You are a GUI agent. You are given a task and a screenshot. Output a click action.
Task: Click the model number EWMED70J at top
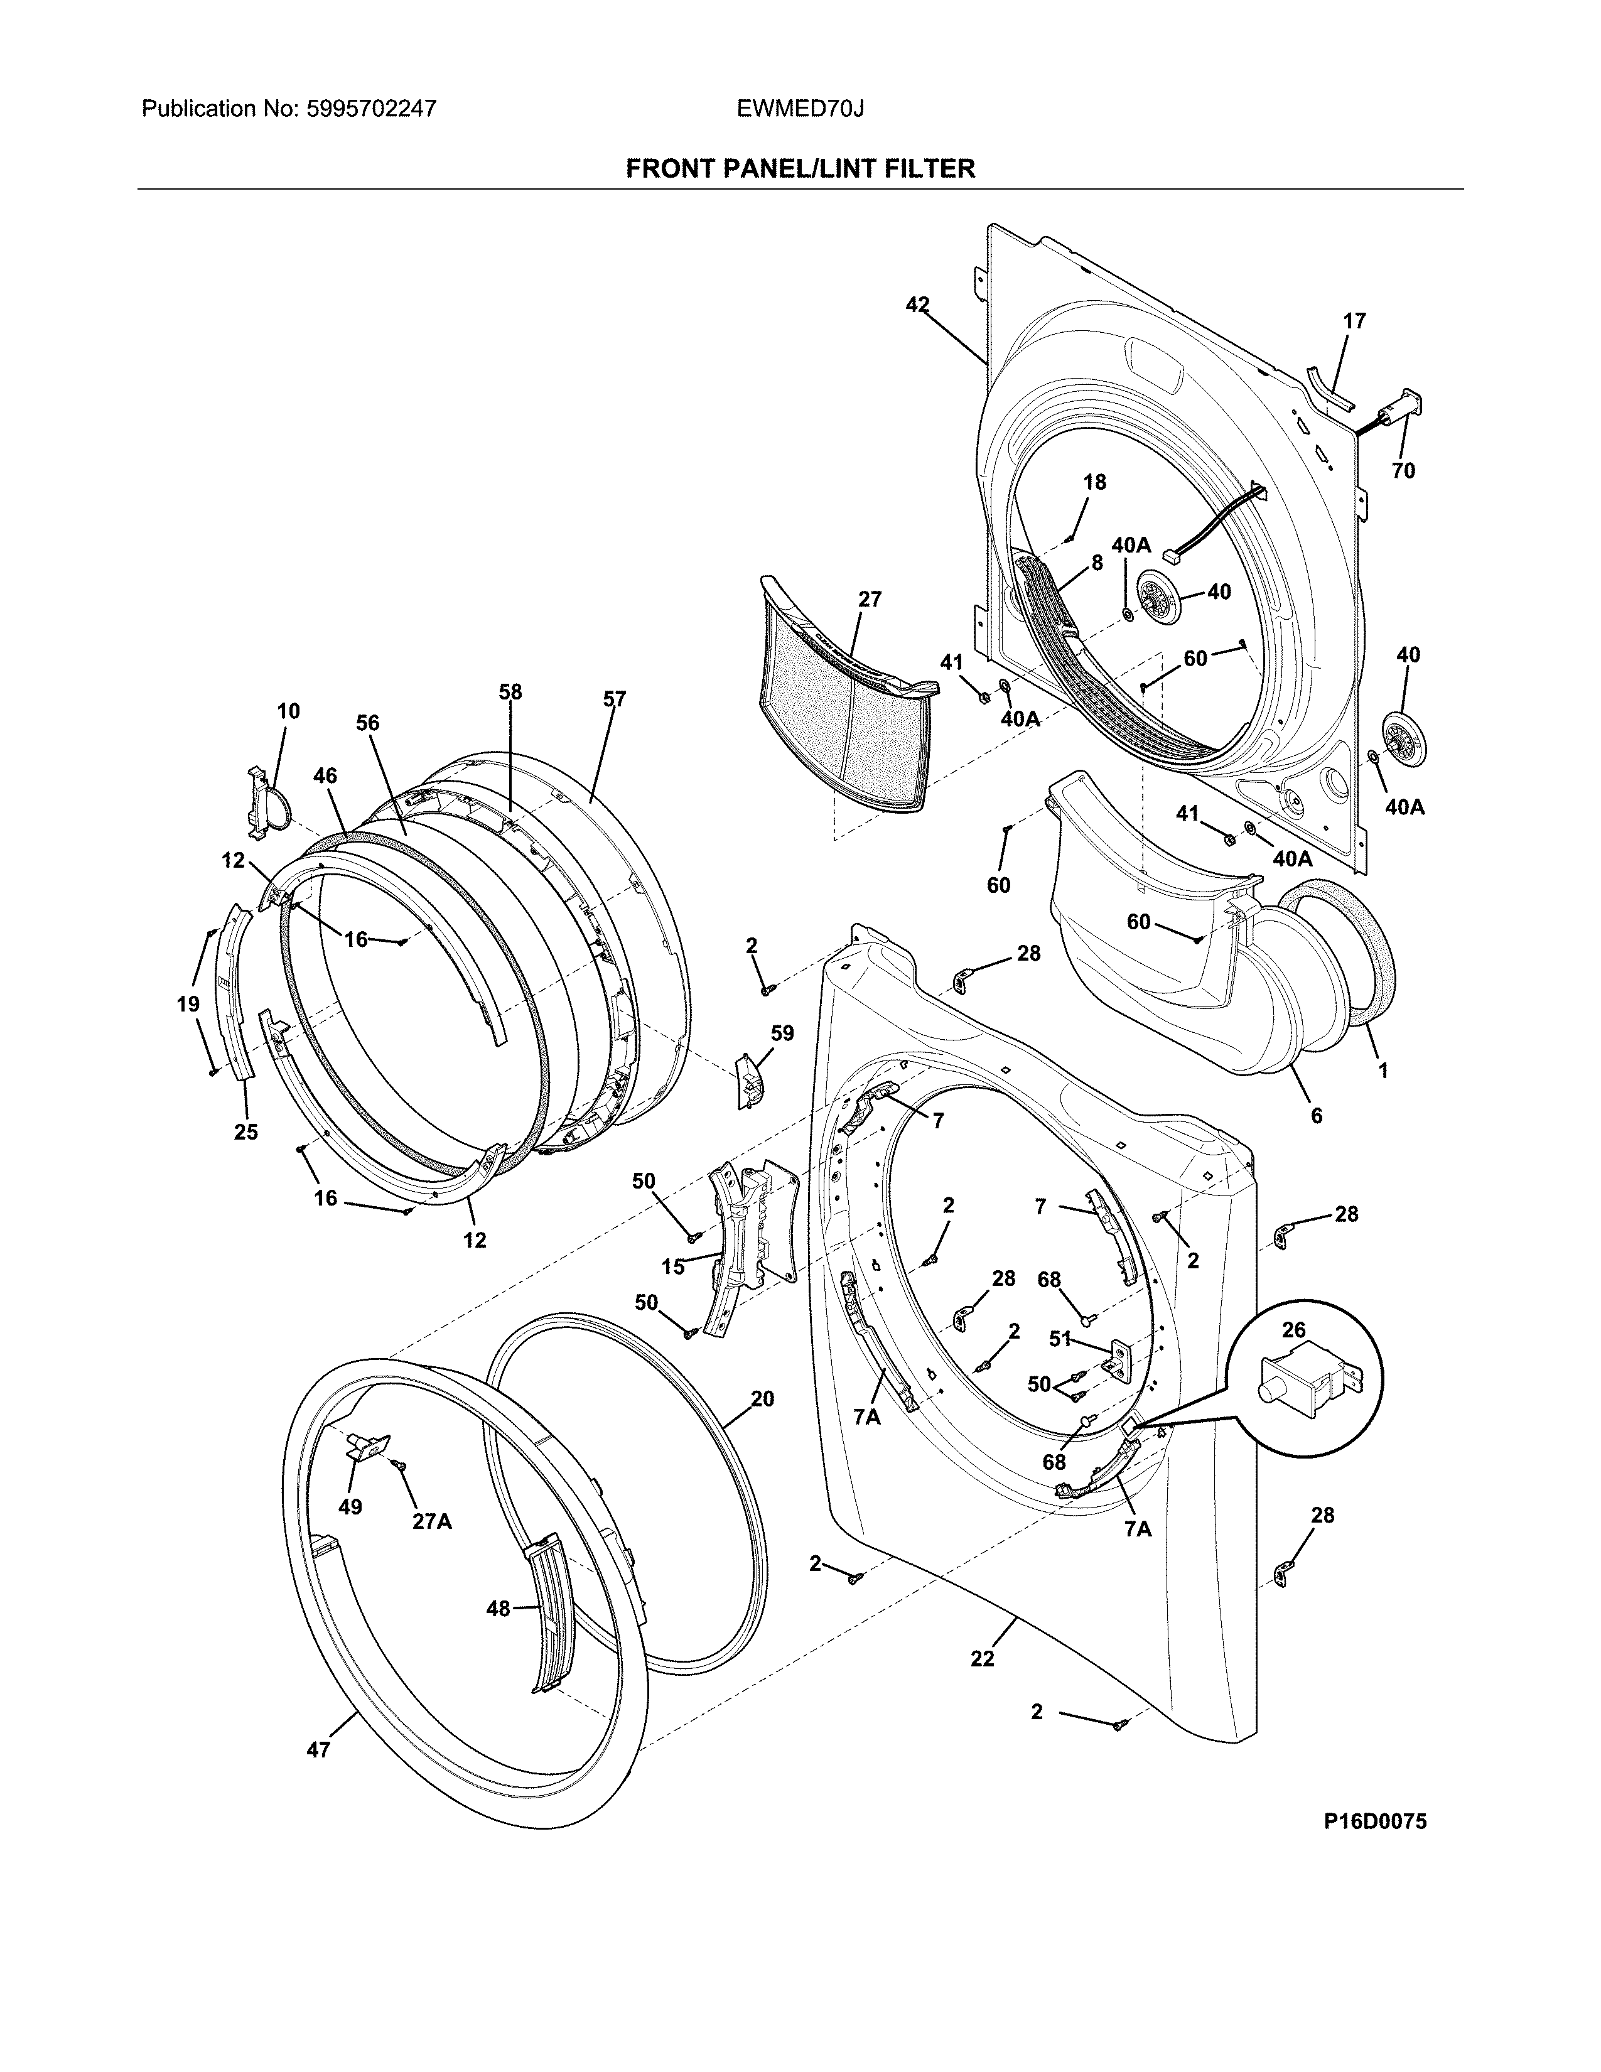799,109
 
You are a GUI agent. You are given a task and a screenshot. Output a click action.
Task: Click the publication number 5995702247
372,109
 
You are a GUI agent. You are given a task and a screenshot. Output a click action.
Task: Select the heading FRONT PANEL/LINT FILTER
799,169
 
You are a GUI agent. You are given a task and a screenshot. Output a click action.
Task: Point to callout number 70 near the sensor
1403,470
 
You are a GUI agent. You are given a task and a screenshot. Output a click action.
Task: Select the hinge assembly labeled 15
735,1233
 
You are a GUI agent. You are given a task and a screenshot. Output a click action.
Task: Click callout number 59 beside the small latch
782,1033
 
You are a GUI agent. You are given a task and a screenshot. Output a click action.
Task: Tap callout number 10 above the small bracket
288,711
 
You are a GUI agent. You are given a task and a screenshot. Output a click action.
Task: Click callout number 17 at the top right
1354,321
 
